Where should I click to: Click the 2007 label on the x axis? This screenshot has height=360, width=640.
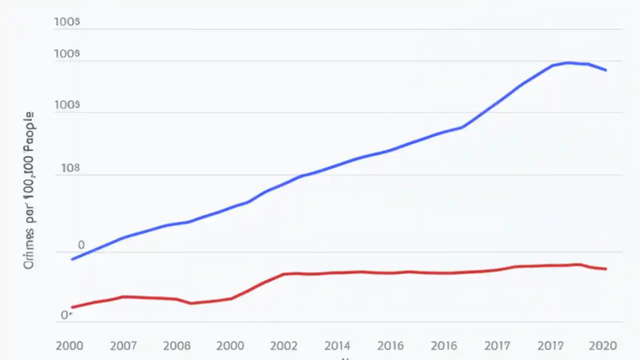(x=123, y=345)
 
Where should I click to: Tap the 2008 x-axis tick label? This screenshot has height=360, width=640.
(x=177, y=345)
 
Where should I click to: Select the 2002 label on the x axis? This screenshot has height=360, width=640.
(x=284, y=345)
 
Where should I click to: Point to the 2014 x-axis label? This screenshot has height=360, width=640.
(x=337, y=345)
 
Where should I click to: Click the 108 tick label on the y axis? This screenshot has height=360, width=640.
(x=70, y=168)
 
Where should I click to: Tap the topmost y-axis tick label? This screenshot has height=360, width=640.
(x=67, y=22)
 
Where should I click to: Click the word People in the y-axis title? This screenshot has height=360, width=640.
(x=29, y=131)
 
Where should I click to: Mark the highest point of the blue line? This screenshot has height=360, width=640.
(x=568, y=62)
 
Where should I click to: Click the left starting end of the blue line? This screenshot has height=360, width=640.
(x=72, y=259)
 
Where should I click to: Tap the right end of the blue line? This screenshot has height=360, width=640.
(x=606, y=70)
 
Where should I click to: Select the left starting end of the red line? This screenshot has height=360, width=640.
(x=72, y=307)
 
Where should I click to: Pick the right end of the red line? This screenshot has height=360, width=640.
(x=606, y=269)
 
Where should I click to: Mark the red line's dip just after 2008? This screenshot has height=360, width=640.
(x=191, y=303)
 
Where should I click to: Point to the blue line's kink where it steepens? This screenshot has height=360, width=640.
(x=462, y=127)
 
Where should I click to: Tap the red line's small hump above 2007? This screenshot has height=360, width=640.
(x=123, y=296)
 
